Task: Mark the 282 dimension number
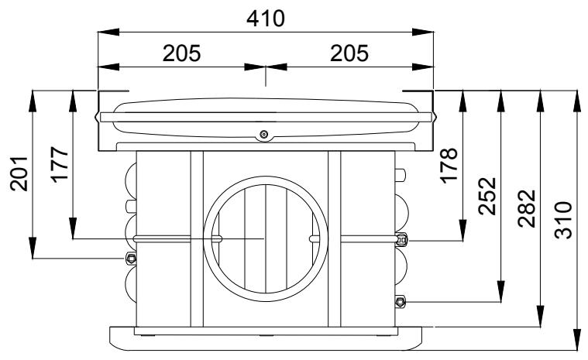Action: click(x=527, y=206)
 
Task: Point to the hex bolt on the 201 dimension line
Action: click(x=130, y=258)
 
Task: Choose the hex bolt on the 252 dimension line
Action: click(x=400, y=301)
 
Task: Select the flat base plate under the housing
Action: click(x=265, y=337)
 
